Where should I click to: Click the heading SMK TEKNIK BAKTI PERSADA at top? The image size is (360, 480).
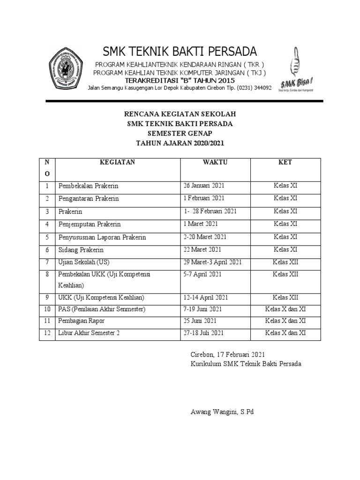click(x=180, y=51)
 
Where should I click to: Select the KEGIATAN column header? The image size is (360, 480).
click(x=117, y=162)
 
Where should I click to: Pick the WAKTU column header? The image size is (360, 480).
click(x=215, y=162)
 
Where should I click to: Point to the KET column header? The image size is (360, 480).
click(x=285, y=162)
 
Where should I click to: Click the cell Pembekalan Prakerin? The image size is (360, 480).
click(x=89, y=186)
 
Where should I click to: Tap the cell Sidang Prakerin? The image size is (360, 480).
click(x=81, y=250)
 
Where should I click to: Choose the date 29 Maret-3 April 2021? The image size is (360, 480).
click(x=213, y=262)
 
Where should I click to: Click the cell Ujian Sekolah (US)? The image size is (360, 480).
click(x=84, y=262)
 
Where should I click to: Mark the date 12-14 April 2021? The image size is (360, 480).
click(x=206, y=298)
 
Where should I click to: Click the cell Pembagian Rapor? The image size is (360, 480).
click(x=82, y=321)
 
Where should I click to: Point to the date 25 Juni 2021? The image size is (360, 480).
click(x=200, y=321)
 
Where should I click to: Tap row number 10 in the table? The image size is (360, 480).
click(x=47, y=309)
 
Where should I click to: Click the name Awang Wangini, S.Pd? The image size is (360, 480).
click(x=222, y=412)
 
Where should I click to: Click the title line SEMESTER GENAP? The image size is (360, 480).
click(x=180, y=134)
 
